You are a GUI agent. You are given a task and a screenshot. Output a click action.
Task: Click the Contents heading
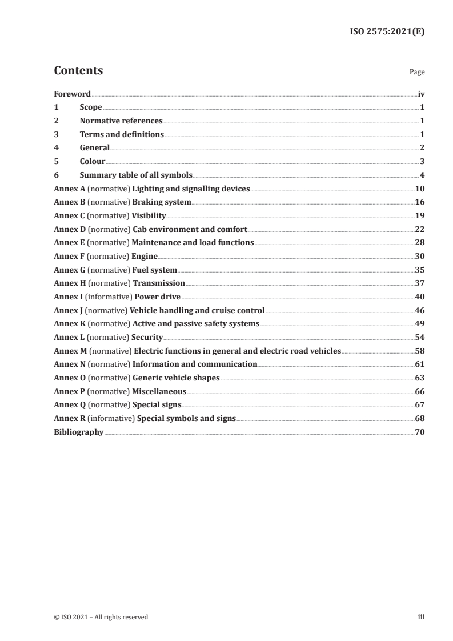point(78,71)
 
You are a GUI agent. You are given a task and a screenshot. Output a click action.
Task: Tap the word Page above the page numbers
point(417,73)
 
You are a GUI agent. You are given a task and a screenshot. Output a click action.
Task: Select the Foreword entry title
point(72,94)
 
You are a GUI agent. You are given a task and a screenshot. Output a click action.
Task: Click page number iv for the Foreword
point(421,94)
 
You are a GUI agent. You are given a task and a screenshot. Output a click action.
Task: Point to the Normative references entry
point(121,121)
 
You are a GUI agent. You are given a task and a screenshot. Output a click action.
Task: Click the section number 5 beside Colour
point(56,161)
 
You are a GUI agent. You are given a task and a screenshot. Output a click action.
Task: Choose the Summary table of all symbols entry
point(136,175)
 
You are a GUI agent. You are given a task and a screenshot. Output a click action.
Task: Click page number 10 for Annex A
point(420,189)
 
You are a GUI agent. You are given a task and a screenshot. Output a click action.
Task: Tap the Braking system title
point(162,202)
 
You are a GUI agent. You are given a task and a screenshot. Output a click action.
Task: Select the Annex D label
point(70,229)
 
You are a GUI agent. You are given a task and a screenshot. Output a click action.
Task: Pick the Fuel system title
point(154,269)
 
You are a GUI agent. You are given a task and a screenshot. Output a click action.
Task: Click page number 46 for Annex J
point(420,310)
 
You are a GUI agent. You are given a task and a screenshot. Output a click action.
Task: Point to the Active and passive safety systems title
point(196,323)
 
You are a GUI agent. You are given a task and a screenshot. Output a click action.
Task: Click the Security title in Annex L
point(147,337)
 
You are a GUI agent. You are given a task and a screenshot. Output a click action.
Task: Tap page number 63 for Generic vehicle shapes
point(420,378)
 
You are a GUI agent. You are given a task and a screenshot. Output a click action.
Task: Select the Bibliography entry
point(78,432)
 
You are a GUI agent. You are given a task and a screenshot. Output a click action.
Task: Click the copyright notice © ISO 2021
point(101,616)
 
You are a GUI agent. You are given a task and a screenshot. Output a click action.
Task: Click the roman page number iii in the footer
point(421,616)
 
